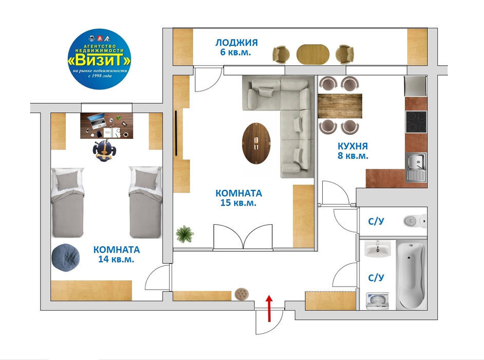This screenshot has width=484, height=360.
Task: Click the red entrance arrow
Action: (x=269, y=309)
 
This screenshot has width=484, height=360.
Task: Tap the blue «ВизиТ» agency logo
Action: (x=99, y=59)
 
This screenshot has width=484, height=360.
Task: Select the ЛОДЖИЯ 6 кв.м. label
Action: (x=236, y=47)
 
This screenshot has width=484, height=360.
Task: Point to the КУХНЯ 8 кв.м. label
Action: (x=353, y=151)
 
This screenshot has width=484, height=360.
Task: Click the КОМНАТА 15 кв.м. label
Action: (x=238, y=198)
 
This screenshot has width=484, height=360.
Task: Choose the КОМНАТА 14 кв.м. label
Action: (x=116, y=254)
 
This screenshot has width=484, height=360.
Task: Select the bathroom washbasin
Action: (x=377, y=249)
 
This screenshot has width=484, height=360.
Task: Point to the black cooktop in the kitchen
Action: (x=416, y=122)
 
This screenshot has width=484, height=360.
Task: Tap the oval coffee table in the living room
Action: (x=256, y=143)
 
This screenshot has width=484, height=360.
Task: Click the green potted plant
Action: (x=184, y=234)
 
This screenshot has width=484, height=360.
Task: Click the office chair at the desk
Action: (x=105, y=151)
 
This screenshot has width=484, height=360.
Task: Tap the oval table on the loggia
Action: (x=313, y=54)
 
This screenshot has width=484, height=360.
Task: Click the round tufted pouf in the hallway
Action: (x=241, y=294)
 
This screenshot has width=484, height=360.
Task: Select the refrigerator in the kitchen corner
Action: (x=416, y=86)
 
